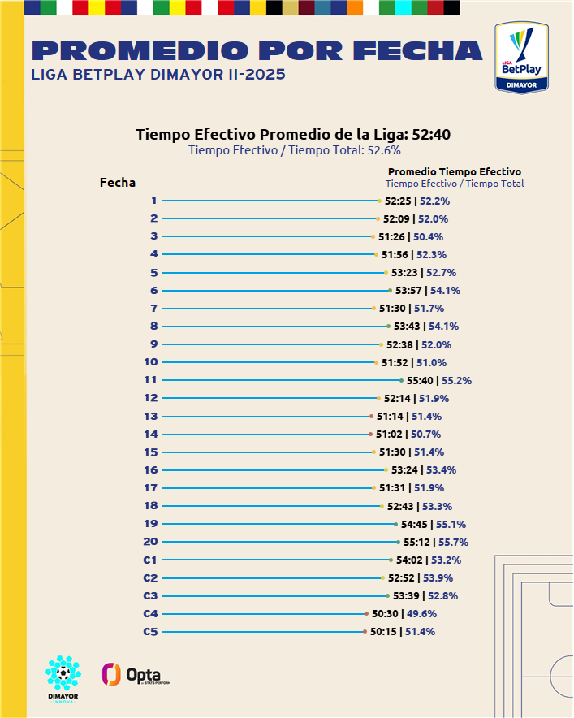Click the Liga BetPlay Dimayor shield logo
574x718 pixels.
click(x=522, y=57)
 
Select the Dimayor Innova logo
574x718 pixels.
click(x=63, y=679)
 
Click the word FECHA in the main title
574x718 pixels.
click(x=421, y=51)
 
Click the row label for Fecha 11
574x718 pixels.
click(x=150, y=380)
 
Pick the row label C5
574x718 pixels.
click(x=150, y=631)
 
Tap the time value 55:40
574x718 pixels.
click(x=420, y=380)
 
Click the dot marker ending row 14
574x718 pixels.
click(x=370, y=435)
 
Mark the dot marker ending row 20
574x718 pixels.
click(x=399, y=542)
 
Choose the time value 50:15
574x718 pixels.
click(x=384, y=632)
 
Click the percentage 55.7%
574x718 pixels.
click(x=454, y=543)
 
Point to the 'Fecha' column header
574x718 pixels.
click(x=118, y=183)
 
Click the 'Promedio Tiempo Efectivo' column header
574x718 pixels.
click(x=455, y=171)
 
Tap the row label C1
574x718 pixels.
click(x=150, y=560)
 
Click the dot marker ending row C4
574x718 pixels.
click(x=367, y=614)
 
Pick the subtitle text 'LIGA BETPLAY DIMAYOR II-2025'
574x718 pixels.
click(x=158, y=75)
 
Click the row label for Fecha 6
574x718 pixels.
click(x=154, y=291)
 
